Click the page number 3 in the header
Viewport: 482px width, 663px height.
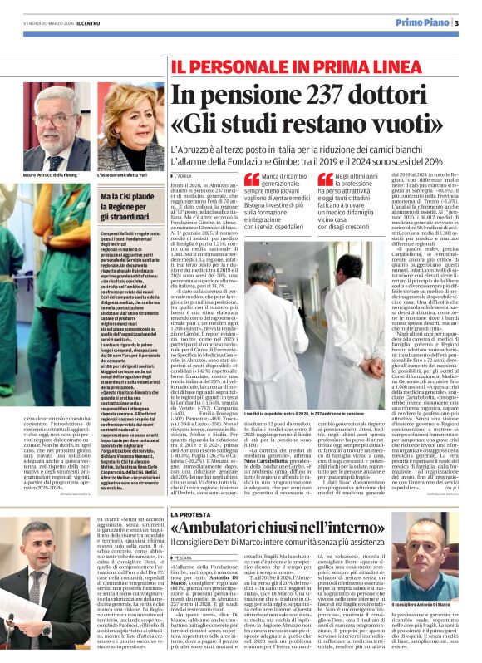pyautogui.click(x=457, y=22)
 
